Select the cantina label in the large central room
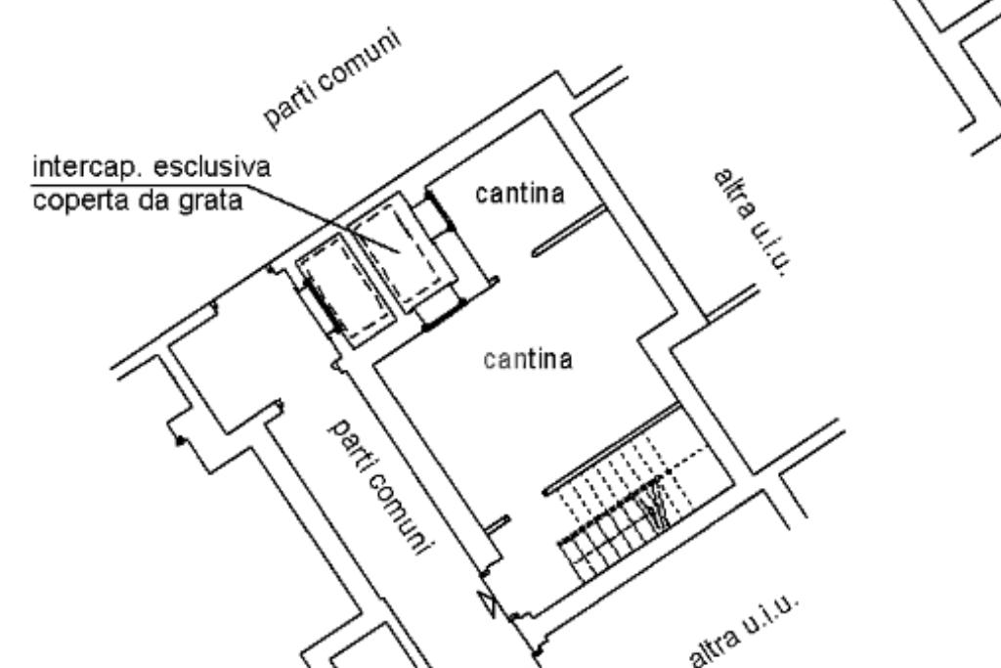528,360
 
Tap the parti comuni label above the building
334,84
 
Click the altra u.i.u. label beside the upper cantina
750,222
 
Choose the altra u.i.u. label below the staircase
743,634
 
